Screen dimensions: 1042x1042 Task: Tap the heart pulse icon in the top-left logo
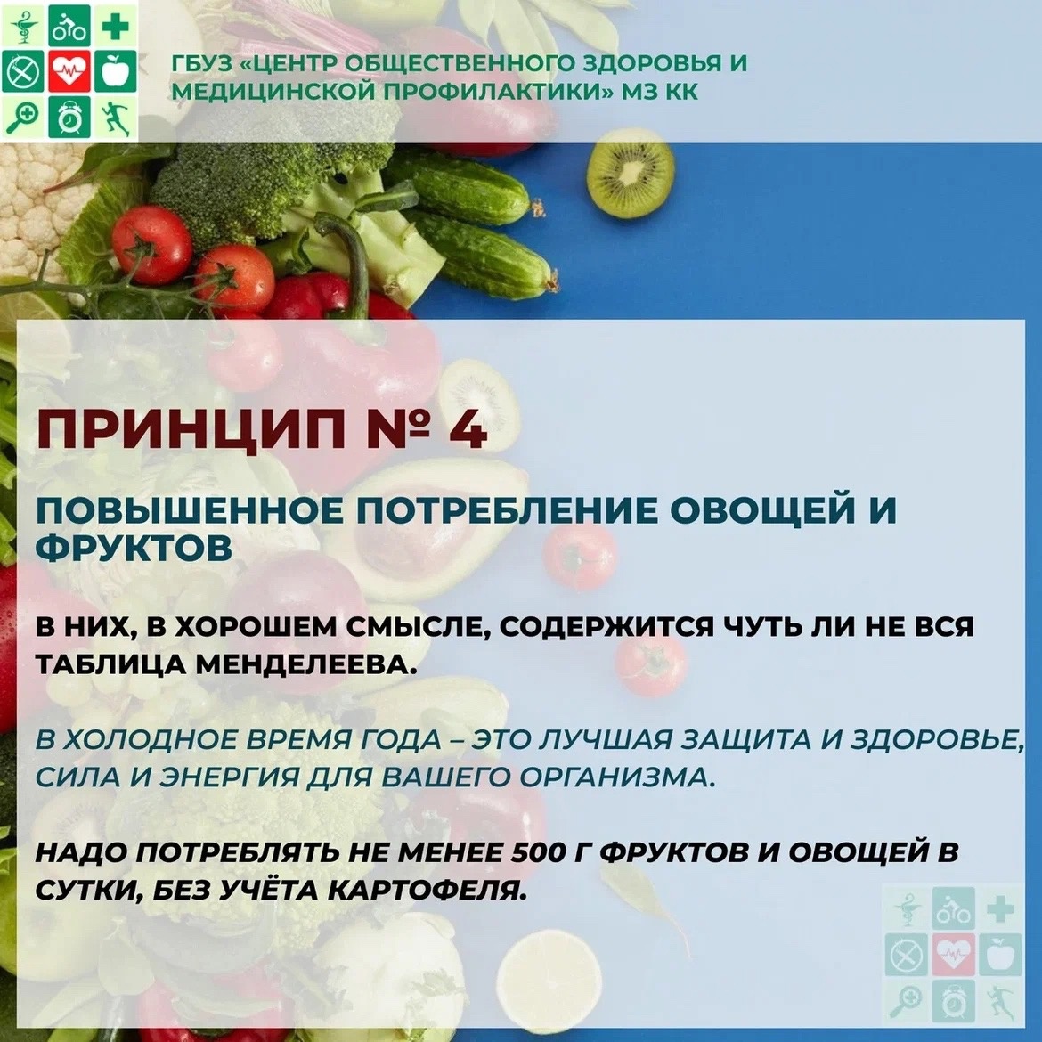tap(69, 70)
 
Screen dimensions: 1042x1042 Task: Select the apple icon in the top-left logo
tap(116, 70)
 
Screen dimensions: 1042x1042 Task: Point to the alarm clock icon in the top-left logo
tap(69, 117)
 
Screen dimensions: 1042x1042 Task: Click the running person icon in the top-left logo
tap(116, 117)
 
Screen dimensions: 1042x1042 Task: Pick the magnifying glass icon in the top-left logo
tap(23, 117)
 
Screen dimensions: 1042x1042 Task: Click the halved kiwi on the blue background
tap(631, 173)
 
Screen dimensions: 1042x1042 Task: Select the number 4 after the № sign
tap(468, 429)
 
